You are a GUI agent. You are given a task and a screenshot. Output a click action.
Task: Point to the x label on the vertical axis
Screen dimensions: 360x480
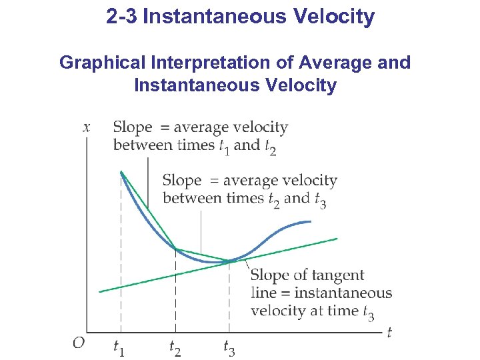pos(87,126)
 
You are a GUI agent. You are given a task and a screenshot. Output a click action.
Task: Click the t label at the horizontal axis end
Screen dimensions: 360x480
pos(389,331)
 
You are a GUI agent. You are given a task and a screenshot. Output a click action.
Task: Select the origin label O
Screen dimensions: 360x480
pos(79,343)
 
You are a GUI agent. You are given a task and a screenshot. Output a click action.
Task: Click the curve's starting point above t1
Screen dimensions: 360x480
pos(121,172)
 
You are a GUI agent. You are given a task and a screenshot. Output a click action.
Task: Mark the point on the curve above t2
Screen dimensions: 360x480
pos(175,249)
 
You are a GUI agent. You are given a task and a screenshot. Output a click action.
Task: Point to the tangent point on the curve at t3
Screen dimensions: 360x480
pos(229,261)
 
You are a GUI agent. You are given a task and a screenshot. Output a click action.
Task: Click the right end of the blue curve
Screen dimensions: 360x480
pos(310,221)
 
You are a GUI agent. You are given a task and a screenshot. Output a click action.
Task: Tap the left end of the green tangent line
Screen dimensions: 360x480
pos(99,291)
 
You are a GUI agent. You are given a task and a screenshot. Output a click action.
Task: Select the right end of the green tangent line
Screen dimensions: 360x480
pos(337,238)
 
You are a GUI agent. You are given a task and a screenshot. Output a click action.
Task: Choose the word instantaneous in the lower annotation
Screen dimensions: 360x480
pos(343,293)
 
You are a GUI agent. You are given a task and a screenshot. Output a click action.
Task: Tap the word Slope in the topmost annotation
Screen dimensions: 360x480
pos(133,127)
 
